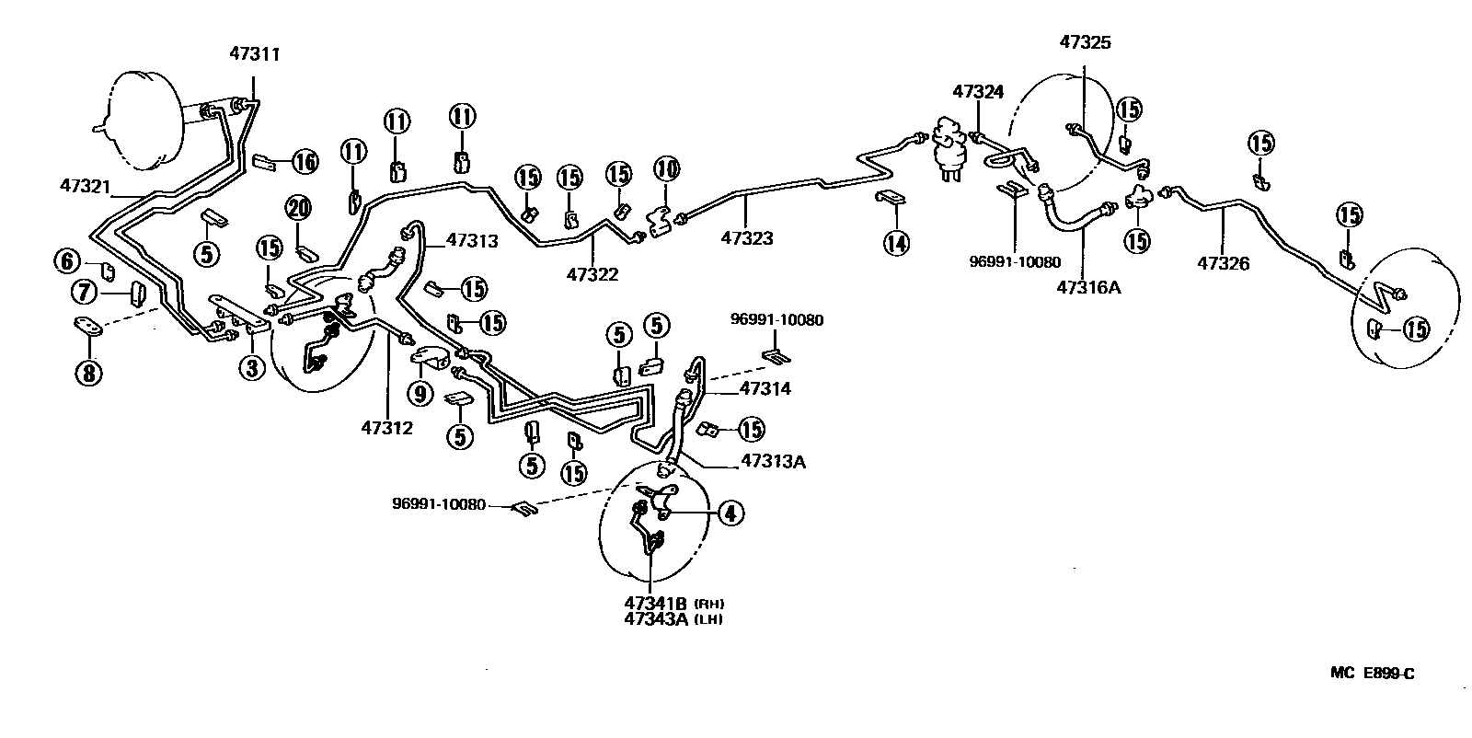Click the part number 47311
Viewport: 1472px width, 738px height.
click(254, 55)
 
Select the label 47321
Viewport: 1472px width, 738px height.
click(84, 187)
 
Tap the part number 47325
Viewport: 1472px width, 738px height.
click(1085, 42)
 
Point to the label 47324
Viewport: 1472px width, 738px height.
click(978, 92)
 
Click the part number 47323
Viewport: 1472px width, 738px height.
click(746, 238)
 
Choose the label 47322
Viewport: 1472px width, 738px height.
click(592, 274)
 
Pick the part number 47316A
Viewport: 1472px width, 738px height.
click(1087, 287)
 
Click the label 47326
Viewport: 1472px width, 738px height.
click(1223, 264)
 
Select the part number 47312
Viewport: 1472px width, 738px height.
click(386, 427)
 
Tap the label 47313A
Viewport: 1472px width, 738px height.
click(773, 461)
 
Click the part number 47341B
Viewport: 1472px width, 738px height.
click(656, 604)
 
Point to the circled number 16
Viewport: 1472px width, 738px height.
click(305, 163)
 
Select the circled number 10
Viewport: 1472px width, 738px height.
click(667, 169)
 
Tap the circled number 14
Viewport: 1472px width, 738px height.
click(895, 243)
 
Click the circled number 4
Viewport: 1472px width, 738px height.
click(730, 513)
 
